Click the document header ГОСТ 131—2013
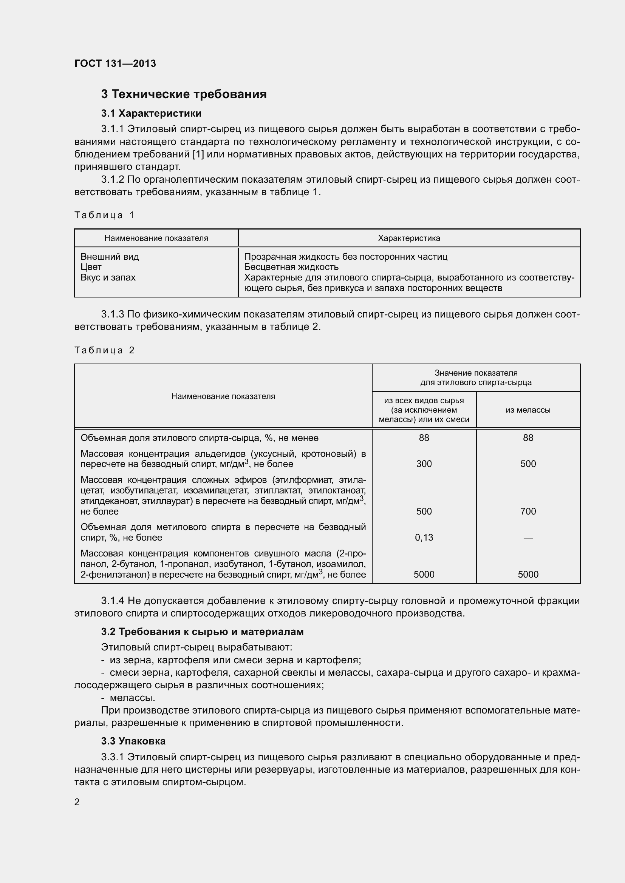coord(115,63)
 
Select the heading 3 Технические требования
coord(184,94)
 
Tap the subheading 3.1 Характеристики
coord(151,114)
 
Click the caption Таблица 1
coord(104,215)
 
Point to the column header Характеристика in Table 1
coord(409,238)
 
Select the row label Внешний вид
coord(110,256)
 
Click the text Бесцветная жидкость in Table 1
coord(291,267)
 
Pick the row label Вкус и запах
coord(108,277)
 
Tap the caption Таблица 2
coord(104,350)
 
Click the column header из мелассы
coord(528,410)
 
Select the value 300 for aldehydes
coord(424,464)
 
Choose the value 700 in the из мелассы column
coord(528,511)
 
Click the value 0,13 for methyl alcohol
coord(424,537)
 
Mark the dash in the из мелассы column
coord(528,538)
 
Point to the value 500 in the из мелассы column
coord(528,464)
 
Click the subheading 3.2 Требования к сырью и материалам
coord(203,632)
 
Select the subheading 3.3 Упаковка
coord(133,741)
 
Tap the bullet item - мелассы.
coord(128,698)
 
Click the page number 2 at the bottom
coord(77,802)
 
